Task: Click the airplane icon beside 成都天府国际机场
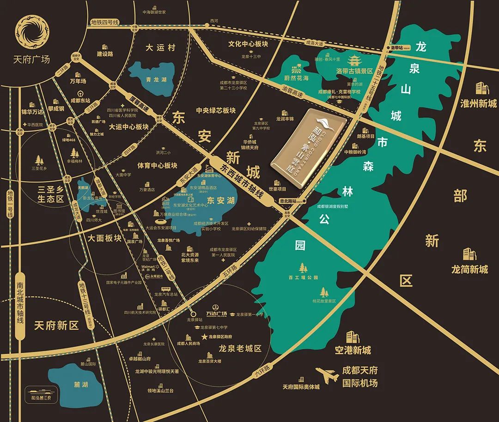pyautogui.click(x=327, y=375)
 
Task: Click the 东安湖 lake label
pyautogui.click(x=218, y=201)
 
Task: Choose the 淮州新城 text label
pyautogui.click(x=478, y=103)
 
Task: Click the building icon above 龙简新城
pyautogui.click(x=469, y=254)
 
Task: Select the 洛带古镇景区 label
pyautogui.click(x=354, y=72)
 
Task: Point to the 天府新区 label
pyautogui.click(x=56, y=326)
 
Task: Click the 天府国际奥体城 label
pyautogui.click(x=301, y=386)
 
